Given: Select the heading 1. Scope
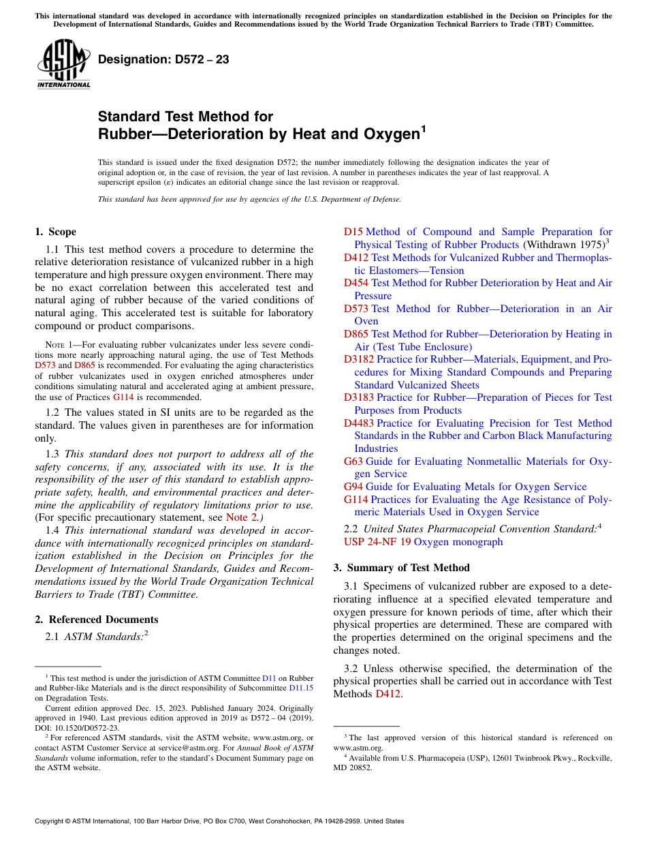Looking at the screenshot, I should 55,232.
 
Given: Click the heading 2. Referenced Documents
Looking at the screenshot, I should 96,620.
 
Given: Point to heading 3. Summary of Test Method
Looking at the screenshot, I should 401,568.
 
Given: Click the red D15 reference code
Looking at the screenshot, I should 353,232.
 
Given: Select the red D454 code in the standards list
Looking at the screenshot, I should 356,283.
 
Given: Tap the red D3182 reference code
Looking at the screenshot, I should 358,359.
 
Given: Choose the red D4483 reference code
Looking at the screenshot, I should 358,423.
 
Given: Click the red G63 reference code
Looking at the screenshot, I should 353,461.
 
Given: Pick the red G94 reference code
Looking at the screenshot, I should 353,487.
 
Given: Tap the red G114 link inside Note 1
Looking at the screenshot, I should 123,397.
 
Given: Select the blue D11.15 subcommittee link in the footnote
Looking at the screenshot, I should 301,688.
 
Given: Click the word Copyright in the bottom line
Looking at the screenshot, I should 52,821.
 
